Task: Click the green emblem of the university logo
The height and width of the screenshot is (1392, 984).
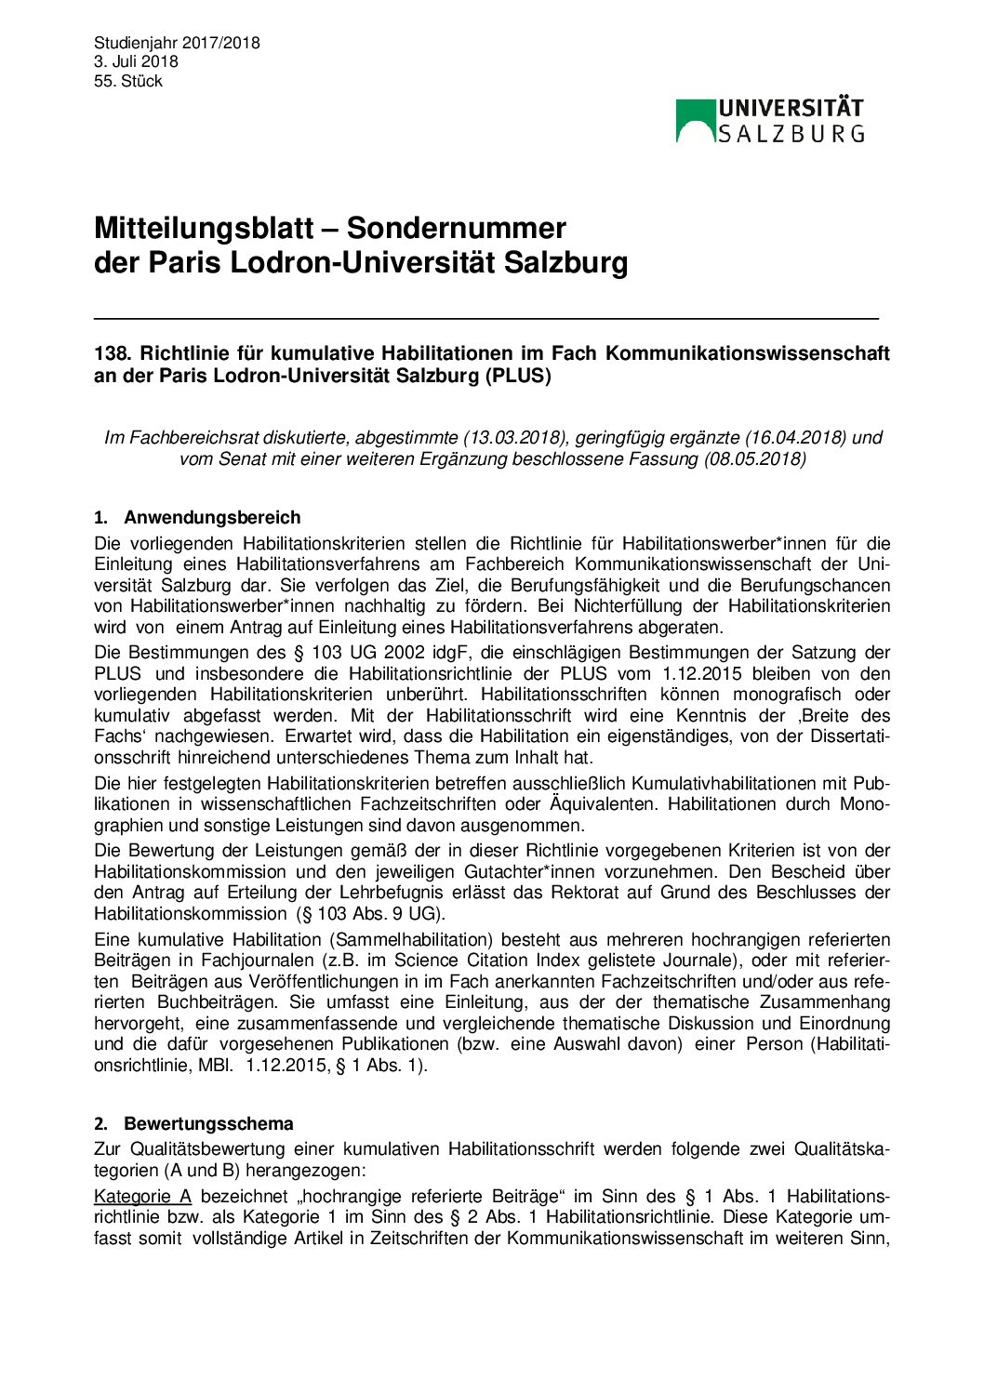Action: [695, 120]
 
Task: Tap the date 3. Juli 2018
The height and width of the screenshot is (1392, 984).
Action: [136, 61]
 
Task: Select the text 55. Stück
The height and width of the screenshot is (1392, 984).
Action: [128, 81]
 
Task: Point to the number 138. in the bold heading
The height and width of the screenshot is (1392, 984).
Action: [112, 353]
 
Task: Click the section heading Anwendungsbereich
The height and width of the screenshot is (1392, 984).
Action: [212, 518]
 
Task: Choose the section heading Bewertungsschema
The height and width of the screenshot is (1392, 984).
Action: [208, 1123]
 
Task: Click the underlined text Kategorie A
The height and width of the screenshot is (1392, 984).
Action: [142, 1196]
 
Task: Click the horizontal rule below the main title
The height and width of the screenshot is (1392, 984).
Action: [485, 319]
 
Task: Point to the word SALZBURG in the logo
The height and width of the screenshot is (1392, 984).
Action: [791, 134]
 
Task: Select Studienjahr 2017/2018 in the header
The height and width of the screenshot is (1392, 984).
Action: [177, 43]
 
